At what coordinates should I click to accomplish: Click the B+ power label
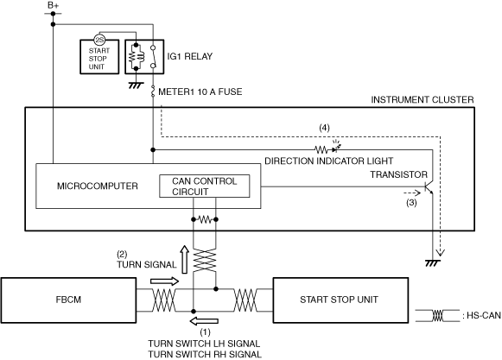(x=54, y=5)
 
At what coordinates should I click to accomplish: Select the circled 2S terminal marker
(x=99, y=40)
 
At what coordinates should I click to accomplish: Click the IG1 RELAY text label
(x=189, y=56)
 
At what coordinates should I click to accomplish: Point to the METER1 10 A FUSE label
(x=200, y=92)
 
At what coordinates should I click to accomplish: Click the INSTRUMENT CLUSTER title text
(x=423, y=100)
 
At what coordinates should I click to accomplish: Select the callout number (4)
(x=324, y=128)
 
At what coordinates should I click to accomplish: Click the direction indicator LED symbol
(x=335, y=148)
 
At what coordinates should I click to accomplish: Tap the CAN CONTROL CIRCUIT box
(x=205, y=186)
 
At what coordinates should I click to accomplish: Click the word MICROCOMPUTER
(x=98, y=186)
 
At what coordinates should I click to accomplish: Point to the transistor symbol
(x=429, y=187)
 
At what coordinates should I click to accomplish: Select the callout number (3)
(x=411, y=203)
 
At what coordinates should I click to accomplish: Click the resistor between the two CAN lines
(x=205, y=219)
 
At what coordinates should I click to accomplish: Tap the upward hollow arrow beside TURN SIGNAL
(x=184, y=260)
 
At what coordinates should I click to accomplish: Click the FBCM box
(x=68, y=300)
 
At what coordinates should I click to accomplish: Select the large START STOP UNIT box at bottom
(x=340, y=300)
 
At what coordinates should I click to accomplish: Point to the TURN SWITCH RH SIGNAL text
(x=205, y=355)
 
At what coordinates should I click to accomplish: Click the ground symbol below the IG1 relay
(x=136, y=85)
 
